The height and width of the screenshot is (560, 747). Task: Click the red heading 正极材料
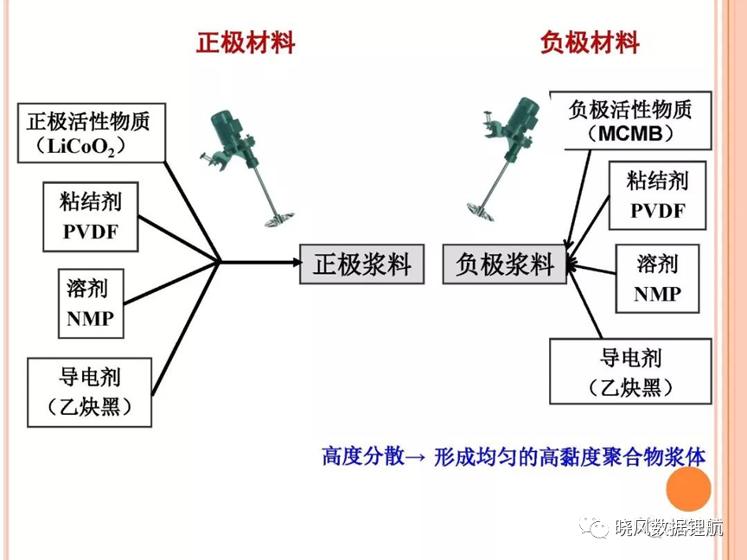(246, 42)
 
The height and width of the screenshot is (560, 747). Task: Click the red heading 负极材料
(590, 42)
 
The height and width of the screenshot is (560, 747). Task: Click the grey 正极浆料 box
(361, 264)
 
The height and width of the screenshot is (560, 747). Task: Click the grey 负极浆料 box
(505, 264)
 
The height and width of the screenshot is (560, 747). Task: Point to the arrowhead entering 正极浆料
(297, 262)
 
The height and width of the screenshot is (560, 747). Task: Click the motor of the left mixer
(227, 128)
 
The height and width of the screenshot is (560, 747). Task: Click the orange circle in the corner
(688, 489)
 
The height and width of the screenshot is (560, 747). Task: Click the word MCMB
(630, 134)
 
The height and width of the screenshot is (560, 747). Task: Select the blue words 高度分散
(363, 456)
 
